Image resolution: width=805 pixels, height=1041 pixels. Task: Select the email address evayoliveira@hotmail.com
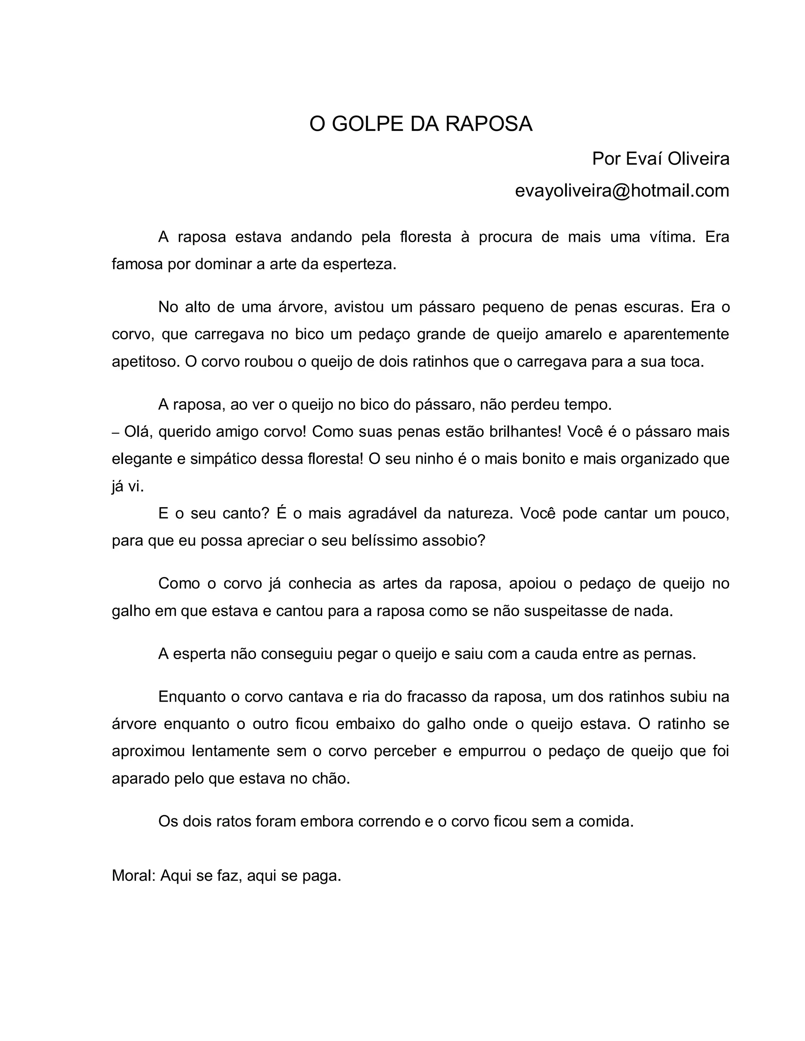click(x=622, y=191)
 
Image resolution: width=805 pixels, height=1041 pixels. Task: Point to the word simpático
click(x=224, y=459)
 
